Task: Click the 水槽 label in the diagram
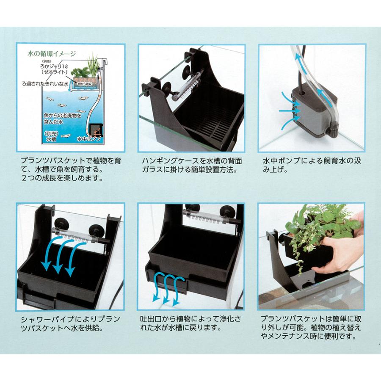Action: point(50,138)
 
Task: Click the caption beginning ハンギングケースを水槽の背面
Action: point(189,166)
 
